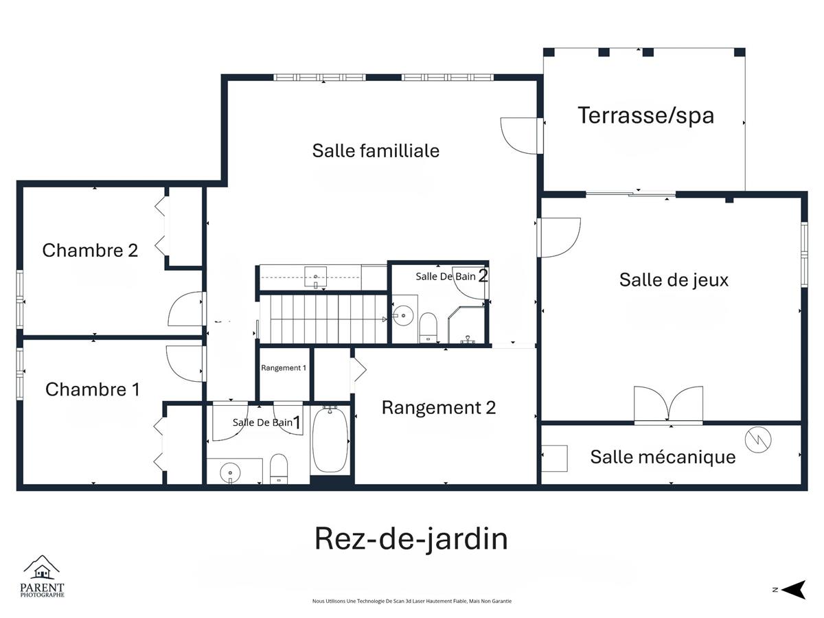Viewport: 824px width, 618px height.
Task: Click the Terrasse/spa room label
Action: (645, 115)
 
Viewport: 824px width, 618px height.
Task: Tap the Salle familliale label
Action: (376, 151)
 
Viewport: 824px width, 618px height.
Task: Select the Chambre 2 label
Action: (90, 250)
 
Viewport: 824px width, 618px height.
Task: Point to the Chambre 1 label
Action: (92, 389)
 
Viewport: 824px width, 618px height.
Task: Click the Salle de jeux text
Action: (674, 280)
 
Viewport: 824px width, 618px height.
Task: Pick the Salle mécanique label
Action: (663, 457)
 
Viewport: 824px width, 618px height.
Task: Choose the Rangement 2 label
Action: (439, 407)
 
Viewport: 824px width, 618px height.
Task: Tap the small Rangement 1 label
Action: (284, 368)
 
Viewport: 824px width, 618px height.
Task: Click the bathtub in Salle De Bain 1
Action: (330, 440)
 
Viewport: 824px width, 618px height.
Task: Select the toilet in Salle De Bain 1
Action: (279, 469)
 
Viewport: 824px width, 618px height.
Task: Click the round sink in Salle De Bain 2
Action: (403, 316)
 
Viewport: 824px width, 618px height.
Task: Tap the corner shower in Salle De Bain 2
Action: (466, 325)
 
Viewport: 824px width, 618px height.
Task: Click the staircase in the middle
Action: (323, 319)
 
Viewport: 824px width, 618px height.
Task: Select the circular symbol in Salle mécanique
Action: (758, 439)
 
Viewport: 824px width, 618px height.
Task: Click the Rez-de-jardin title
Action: (411, 539)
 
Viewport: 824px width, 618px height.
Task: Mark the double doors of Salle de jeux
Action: (668, 404)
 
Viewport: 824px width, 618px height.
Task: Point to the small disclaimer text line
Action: (412, 601)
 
